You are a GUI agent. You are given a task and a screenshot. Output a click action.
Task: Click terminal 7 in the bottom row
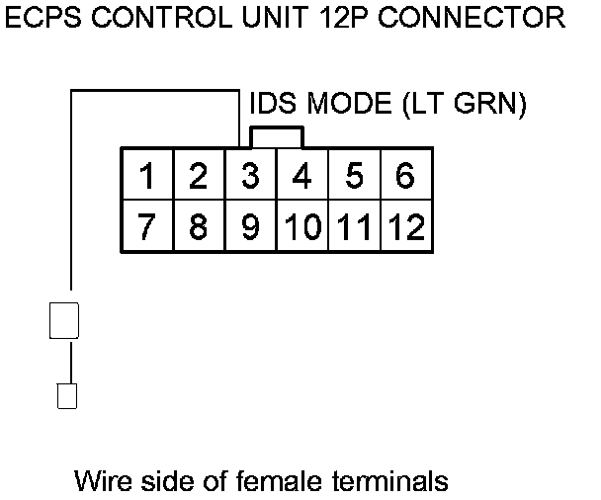point(147,226)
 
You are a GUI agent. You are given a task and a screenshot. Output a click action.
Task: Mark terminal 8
point(199,226)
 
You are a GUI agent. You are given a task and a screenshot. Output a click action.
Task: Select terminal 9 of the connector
point(251,226)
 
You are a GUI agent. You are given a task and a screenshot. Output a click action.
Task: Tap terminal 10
point(302,226)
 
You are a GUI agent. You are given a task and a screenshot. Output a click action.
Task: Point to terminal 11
point(354,226)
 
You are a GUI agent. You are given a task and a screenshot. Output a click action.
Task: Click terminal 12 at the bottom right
point(405,226)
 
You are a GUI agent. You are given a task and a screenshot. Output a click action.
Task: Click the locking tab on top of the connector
point(277,136)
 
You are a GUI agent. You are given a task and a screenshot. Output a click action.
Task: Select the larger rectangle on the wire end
point(64,321)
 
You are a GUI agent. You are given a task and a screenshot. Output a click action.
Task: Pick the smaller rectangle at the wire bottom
point(67,395)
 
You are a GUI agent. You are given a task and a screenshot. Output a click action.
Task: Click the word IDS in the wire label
point(272,104)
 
